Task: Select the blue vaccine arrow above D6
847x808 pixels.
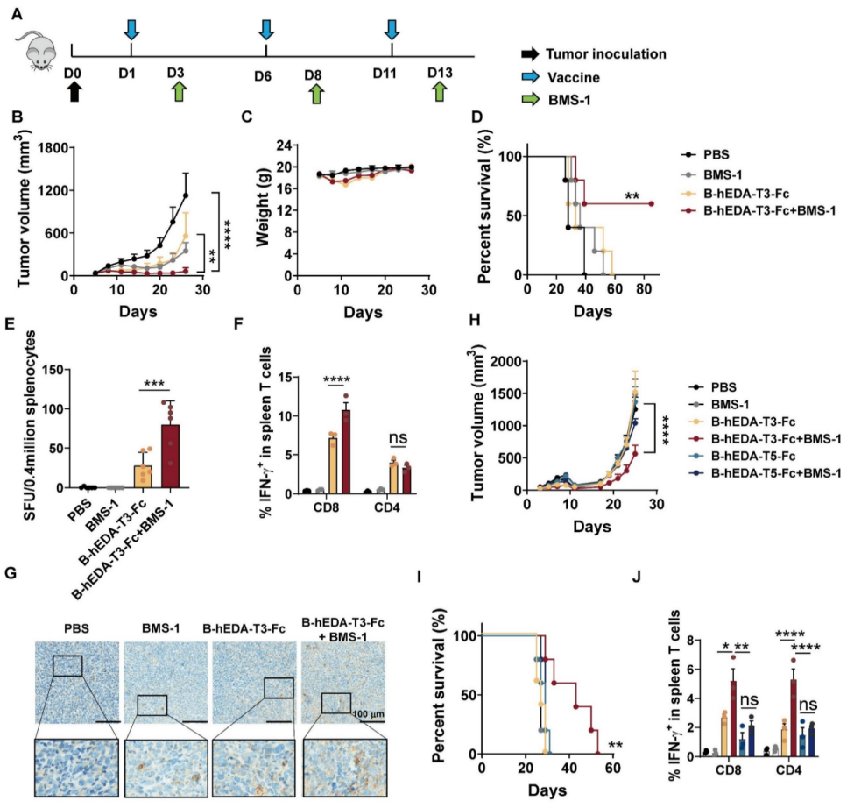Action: point(265,30)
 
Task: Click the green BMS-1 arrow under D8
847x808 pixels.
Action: point(316,93)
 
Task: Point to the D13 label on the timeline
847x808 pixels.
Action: point(440,73)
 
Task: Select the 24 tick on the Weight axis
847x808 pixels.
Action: point(284,145)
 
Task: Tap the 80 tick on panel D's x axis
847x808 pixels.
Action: point(644,289)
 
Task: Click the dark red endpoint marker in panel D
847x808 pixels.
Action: point(651,204)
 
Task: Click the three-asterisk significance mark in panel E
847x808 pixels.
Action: point(154,384)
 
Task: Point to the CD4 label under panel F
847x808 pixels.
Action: point(387,508)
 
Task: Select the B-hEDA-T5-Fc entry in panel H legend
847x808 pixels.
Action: point(745,457)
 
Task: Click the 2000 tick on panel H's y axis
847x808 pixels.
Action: point(506,361)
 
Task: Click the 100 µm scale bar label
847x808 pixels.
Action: point(368,714)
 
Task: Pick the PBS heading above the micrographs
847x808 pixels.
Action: point(77,628)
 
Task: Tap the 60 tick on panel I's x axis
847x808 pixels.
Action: point(612,768)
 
